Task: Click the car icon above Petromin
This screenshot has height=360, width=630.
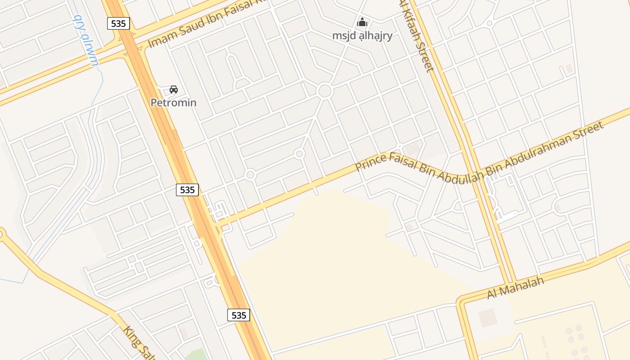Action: click(174, 90)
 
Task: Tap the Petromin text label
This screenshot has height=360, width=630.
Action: click(173, 103)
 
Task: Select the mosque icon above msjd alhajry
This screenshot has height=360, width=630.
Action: click(362, 22)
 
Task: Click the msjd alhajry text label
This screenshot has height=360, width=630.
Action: click(362, 36)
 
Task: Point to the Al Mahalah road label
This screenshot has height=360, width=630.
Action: click(516, 288)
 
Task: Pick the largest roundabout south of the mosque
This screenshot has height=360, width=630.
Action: click(324, 91)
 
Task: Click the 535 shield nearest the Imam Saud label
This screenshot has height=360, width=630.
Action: click(118, 23)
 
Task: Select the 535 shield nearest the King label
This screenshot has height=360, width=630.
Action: click(238, 315)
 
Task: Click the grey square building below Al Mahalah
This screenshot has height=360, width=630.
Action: click(488, 318)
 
